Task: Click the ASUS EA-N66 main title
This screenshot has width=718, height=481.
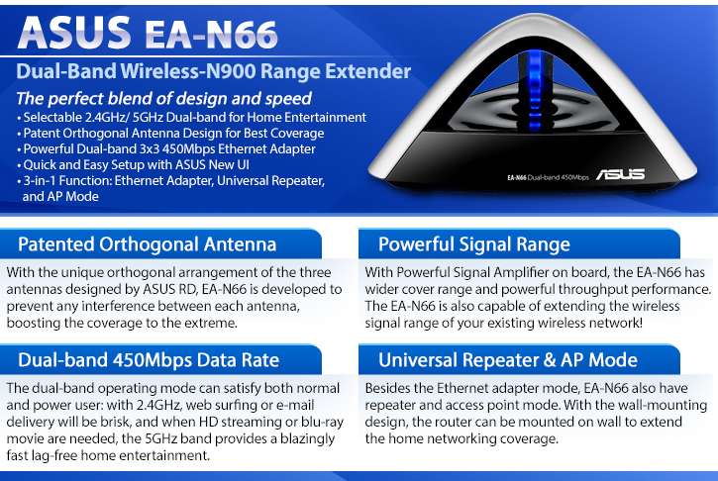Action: [x=148, y=33]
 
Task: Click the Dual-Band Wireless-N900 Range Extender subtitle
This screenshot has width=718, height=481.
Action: [x=213, y=71]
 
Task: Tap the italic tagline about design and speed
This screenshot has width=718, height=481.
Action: [x=164, y=98]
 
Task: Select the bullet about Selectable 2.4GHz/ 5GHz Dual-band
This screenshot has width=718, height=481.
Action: [x=192, y=118]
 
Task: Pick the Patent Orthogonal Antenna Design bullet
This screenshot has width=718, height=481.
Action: [x=170, y=134]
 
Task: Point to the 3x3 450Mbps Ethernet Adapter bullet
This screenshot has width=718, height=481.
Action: [x=166, y=149]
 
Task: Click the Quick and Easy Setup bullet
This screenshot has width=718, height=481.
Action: [x=134, y=164]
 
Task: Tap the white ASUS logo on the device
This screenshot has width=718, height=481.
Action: [x=621, y=174]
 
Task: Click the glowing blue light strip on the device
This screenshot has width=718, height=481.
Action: [x=534, y=91]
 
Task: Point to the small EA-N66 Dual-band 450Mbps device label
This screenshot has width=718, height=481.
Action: [x=548, y=177]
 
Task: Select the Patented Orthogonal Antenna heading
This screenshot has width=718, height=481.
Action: [x=147, y=244]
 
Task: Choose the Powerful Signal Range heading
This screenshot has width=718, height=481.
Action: [x=474, y=244]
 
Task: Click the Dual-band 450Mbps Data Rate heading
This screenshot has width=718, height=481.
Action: [x=149, y=360]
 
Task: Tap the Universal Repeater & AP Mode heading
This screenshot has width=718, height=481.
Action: [x=508, y=360]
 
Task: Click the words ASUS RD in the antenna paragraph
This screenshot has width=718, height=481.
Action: [x=170, y=289]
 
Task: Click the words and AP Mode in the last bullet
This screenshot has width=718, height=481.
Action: [x=60, y=197]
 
